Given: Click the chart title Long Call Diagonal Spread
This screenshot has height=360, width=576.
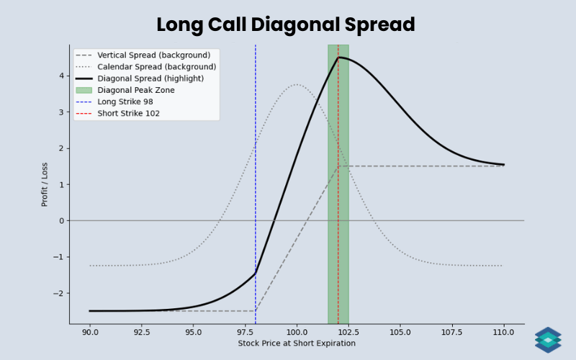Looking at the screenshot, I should coord(286,24).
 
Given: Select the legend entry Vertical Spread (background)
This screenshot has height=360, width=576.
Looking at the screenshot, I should coord(153,55).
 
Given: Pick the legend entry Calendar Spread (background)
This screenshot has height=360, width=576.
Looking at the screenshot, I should coord(156,66).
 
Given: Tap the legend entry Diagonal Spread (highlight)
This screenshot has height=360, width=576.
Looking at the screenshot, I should coord(150,78).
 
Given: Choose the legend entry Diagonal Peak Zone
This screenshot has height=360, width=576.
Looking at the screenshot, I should coord(136,90).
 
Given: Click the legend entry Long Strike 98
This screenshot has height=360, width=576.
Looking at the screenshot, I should coord(125,102).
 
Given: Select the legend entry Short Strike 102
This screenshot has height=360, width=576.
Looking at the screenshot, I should coord(128,113).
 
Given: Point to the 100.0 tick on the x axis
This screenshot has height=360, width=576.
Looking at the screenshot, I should coord(297,333).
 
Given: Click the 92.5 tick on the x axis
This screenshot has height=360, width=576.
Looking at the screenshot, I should coord(142,333).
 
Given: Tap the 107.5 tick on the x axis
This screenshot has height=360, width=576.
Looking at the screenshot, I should coord(451,333).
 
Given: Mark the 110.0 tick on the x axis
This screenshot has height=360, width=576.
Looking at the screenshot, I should coord(503,333).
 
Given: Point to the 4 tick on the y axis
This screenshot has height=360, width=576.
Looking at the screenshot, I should coord(62,76).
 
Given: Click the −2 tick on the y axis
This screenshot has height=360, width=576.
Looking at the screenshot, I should coord(60,293).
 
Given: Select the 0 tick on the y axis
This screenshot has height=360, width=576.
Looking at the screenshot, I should coord(62,220).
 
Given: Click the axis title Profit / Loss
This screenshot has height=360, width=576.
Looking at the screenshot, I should coord(45,184).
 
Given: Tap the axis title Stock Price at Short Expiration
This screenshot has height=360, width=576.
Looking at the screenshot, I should coord(297,343).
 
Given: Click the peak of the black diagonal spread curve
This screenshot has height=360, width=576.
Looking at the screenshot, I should coord(338,58).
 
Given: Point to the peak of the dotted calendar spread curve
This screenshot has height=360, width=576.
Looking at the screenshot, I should coord(297,84).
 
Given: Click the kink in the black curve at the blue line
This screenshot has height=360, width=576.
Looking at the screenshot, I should coord(256,274).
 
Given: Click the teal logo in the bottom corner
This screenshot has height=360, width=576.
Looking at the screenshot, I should coord(548,340).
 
